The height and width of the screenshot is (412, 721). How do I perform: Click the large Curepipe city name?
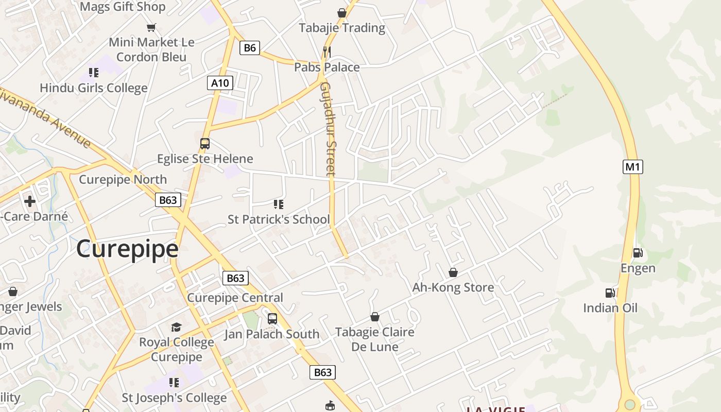click(127, 249)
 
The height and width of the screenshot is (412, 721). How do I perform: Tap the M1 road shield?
click(632, 167)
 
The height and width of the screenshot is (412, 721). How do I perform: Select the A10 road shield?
click(220, 82)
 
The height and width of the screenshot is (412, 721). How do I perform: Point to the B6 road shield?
click(249, 48)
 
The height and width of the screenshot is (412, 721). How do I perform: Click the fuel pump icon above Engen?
click(638, 253)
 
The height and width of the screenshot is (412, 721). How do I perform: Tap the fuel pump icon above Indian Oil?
click(610, 293)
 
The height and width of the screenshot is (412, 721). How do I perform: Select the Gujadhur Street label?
click(328, 129)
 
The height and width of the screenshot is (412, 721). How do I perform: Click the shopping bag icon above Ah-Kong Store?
click(453, 272)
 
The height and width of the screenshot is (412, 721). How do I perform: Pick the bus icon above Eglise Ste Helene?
click(205, 144)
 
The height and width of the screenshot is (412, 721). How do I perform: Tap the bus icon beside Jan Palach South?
click(272, 319)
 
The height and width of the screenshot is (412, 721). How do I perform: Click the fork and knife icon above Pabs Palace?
click(327, 51)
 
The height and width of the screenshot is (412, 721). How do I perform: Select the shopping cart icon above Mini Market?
click(151, 27)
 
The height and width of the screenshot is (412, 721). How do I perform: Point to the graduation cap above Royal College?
click(176, 327)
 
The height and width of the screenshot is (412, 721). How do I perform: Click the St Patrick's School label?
click(279, 219)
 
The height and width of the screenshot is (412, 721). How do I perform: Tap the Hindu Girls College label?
click(94, 88)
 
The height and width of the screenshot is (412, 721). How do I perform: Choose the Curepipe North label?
click(123, 180)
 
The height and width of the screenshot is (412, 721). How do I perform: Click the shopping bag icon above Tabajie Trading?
click(341, 12)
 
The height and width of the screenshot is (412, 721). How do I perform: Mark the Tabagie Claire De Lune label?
click(375, 339)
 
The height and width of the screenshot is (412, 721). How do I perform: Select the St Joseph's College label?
click(174, 398)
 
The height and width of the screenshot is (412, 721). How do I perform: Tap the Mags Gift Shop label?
click(123, 7)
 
